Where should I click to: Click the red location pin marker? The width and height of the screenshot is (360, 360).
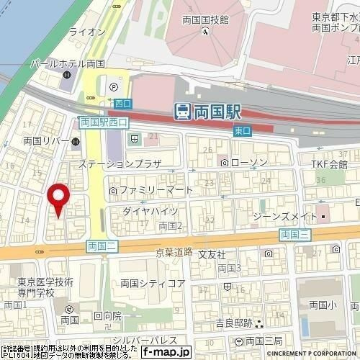click(x=58, y=199)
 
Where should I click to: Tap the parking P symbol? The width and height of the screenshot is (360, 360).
click(x=114, y=88)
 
